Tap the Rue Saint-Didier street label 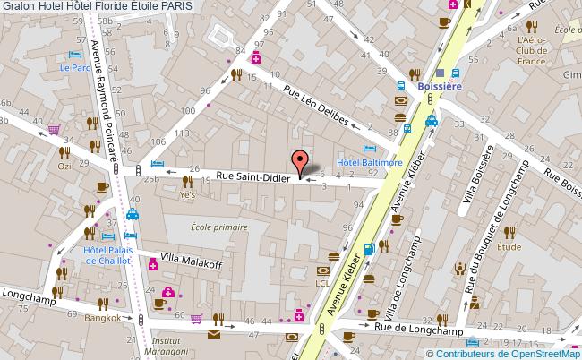[252, 177]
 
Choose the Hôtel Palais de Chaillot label [107, 254]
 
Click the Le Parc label [71, 67]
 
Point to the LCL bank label [323, 283]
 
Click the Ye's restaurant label [187, 193]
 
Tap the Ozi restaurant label [64, 167]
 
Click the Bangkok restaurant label [102, 318]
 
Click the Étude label [509, 246]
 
